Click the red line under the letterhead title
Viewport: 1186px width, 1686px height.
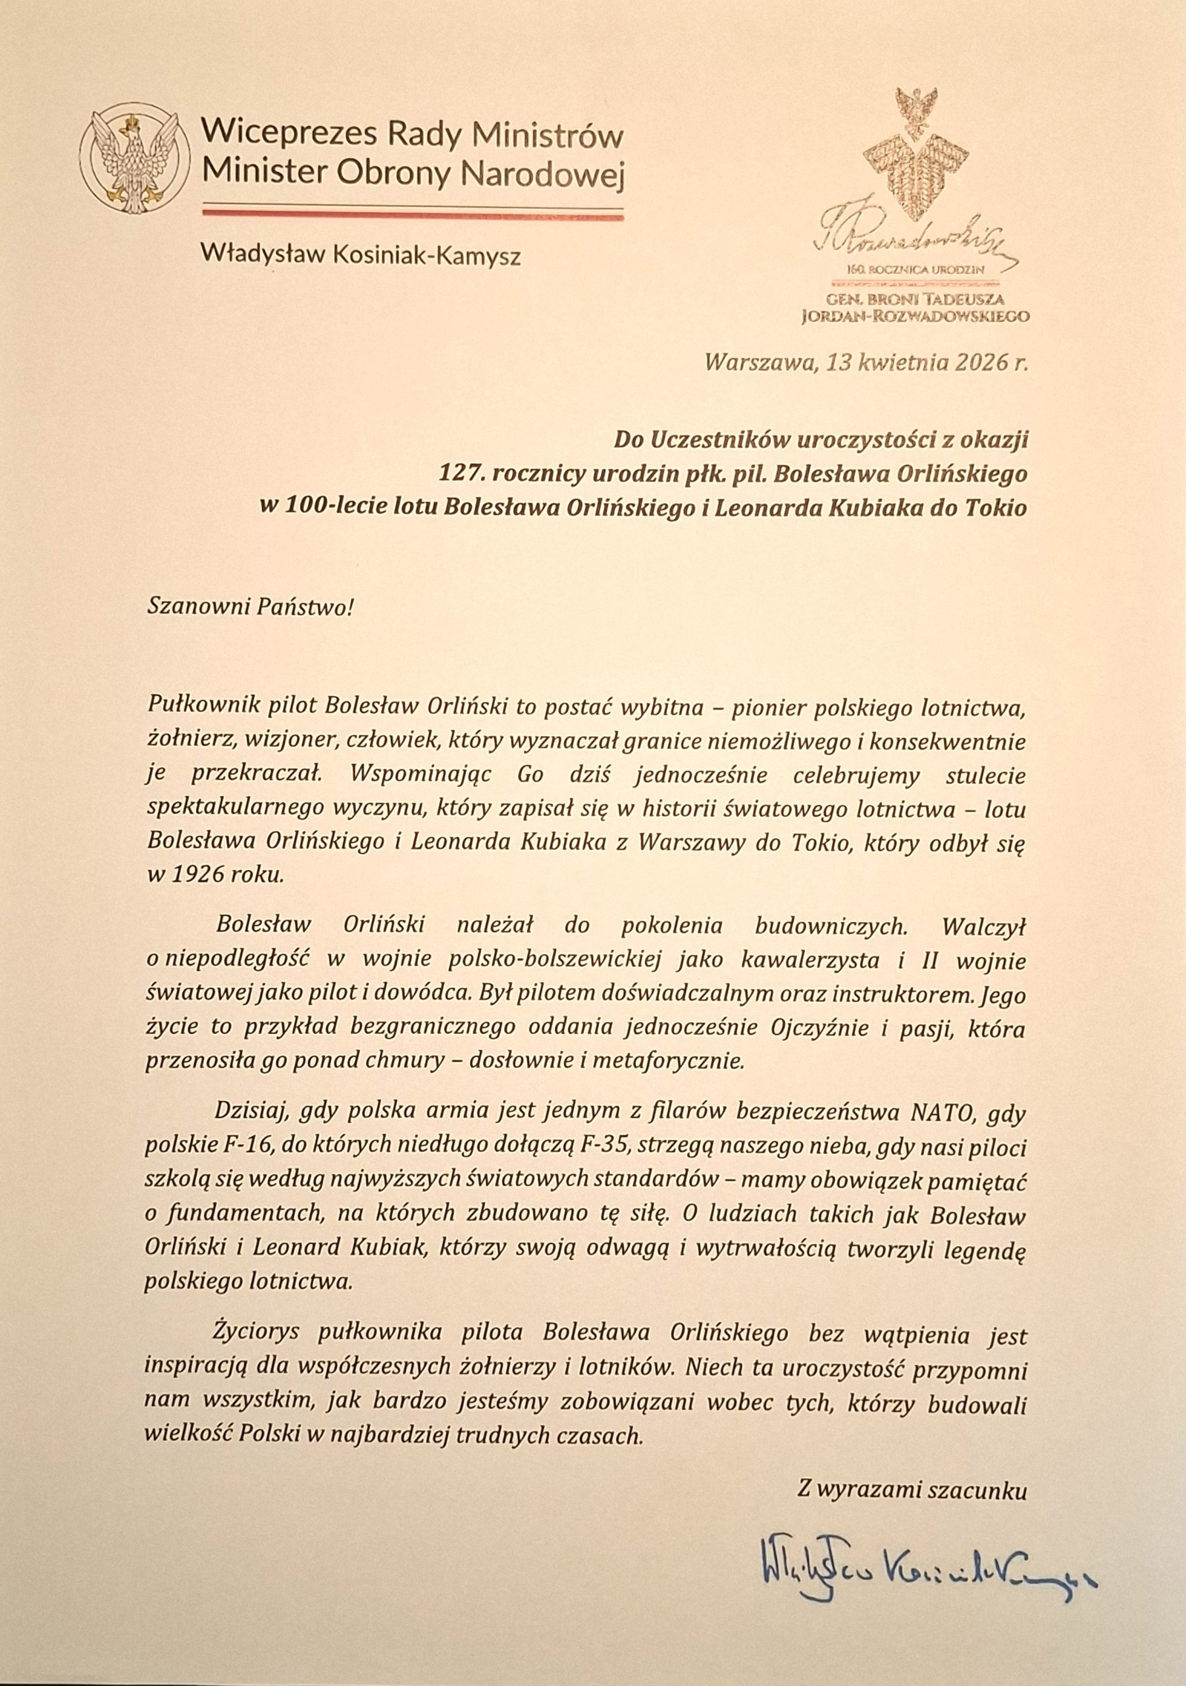tap(413, 212)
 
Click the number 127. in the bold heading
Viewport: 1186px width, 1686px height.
tap(461, 474)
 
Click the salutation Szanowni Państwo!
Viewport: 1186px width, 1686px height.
tap(250, 607)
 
